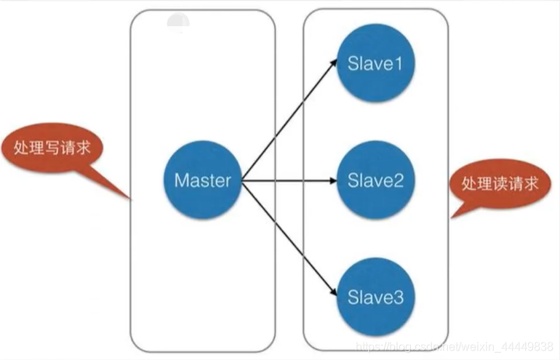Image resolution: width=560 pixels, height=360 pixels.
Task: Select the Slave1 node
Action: click(375, 64)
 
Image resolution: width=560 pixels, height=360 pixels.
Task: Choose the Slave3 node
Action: click(375, 297)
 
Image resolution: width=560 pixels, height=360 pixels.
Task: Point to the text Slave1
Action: click(375, 64)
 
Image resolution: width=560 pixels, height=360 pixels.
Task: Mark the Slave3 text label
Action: click(375, 297)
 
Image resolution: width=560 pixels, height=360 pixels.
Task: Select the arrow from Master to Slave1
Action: click(291, 120)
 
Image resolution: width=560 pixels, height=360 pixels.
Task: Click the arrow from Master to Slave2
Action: click(291, 180)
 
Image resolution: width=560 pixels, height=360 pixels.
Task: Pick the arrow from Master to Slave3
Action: click(291, 238)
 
